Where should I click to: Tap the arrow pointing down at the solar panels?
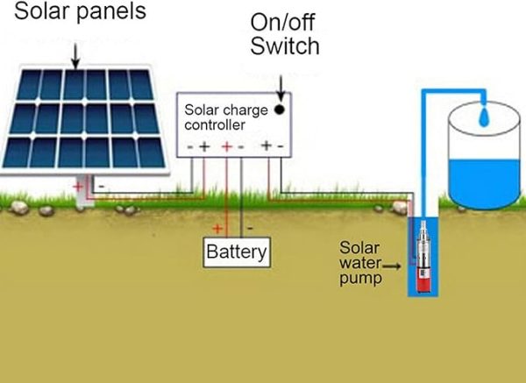75,55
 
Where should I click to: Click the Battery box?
236,253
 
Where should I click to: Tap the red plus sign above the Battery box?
220,227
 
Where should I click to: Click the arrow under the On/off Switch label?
281,85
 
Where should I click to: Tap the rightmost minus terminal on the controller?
280,146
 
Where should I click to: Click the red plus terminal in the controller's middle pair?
226,146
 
